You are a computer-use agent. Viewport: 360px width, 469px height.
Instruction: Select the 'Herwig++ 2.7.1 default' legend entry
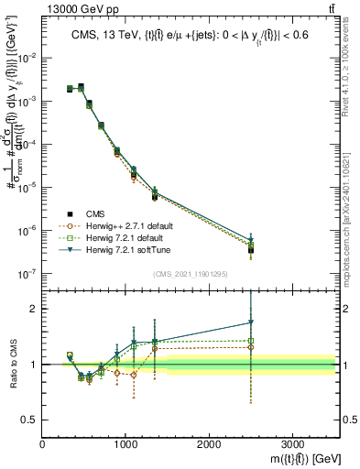click(132, 224)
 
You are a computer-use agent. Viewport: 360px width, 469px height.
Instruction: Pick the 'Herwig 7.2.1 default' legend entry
click(129, 237)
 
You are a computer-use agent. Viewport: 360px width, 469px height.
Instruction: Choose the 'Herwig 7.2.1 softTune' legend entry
click(131, 250)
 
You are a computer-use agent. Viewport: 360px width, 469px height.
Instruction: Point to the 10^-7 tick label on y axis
click(27, 273)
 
